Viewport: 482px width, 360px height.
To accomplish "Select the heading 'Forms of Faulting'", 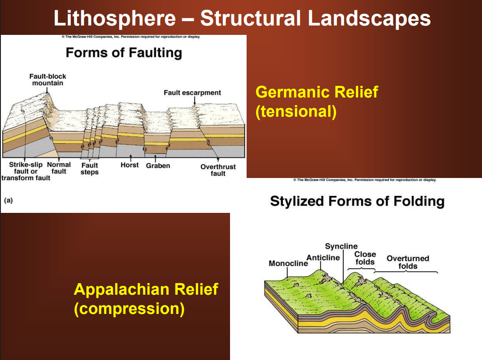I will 124,53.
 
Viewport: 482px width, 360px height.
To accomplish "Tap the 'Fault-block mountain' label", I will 47,80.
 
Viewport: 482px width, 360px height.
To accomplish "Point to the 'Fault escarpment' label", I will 192,93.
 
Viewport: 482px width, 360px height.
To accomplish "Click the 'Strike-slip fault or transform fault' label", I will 26,171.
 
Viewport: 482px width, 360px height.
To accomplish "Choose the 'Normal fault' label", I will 59,168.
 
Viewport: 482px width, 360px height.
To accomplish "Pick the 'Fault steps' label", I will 90,169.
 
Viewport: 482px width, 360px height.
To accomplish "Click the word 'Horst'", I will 130,165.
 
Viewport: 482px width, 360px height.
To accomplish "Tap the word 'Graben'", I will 158,165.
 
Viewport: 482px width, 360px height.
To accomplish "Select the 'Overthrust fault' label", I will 218,170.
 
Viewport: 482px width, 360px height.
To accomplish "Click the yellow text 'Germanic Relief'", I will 317,92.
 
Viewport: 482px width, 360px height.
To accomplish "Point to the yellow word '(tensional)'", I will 296,111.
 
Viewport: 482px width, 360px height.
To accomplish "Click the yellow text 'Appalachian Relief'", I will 146,289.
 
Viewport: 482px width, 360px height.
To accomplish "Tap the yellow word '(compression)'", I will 129,309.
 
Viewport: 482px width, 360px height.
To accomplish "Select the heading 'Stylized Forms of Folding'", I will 357,201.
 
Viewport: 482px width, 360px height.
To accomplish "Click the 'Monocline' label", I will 288,263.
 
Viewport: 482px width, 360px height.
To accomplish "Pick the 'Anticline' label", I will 323,258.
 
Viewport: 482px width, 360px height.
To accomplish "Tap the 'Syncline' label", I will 341,246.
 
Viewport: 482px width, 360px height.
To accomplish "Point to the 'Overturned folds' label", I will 408,262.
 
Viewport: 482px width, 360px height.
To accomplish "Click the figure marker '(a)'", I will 8,200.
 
